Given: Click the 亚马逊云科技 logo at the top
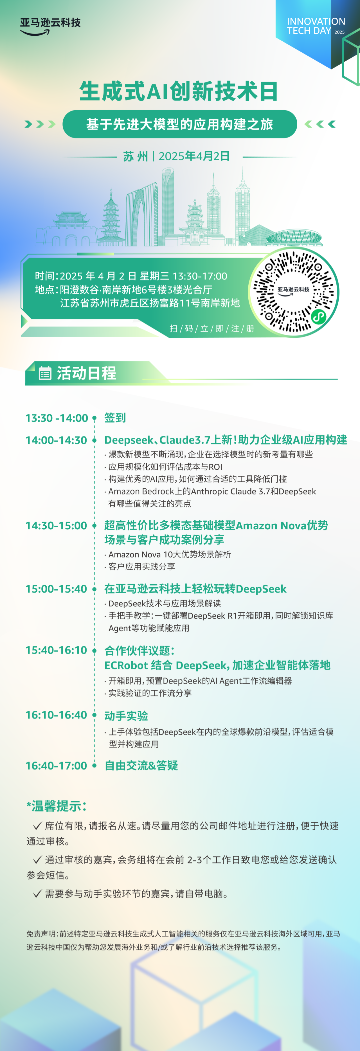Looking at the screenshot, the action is [x=50, y=26].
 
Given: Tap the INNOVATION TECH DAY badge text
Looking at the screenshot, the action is [x=316, y=26].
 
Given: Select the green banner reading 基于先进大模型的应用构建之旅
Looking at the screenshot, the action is [x=180, y=124].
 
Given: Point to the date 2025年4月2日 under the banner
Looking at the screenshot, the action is [x=194, y=156].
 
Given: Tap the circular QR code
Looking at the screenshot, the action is [x=293, y=292].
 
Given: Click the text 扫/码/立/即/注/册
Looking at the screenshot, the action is [x=212, y=328].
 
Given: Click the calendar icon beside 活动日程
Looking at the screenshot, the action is [x=45, y=373].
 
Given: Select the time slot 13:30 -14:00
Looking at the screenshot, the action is [x=57, y=418].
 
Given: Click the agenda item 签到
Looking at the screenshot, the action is [x=115, y=418].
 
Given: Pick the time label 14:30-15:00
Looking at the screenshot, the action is [x=56, y=526].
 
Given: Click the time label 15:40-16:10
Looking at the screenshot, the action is [x=56, y=650].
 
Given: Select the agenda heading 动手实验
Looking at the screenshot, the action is [x=126, y=716].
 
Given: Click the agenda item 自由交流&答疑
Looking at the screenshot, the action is [x=141, y=766].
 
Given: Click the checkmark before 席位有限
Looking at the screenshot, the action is [x=38, y=826].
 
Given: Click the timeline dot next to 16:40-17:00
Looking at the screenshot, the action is [x=94, y=766].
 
